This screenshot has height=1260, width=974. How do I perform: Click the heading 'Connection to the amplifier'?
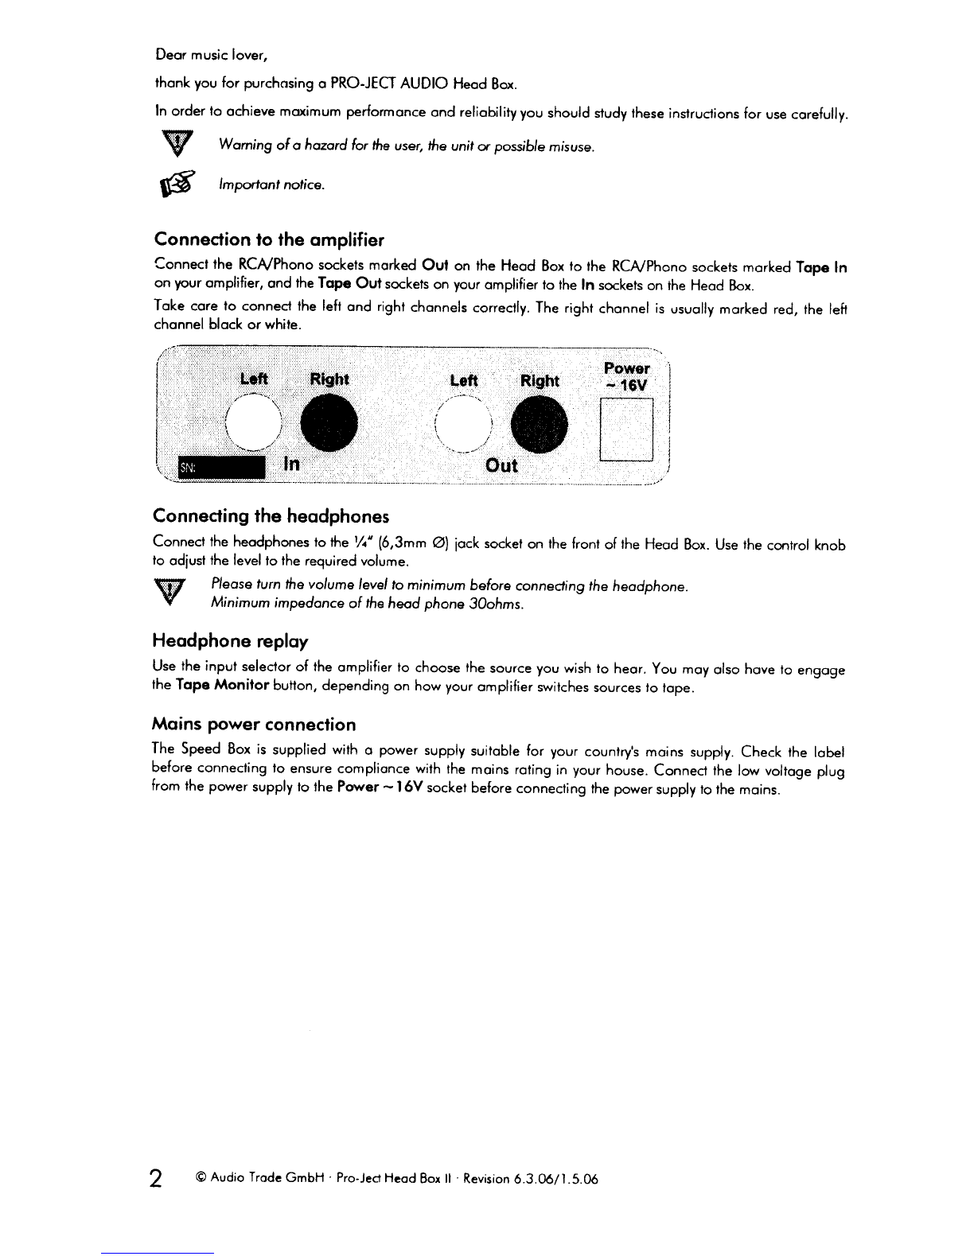pyautogui.click(x=269, y=239)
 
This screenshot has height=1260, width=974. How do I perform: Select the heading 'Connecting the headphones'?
pyautogui.click(x=271, y=516)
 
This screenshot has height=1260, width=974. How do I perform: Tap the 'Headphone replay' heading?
pyautogui.click(x=230, y=640)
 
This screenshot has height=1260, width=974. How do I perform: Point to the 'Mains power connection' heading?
pyautogui.click(x=253, y=724)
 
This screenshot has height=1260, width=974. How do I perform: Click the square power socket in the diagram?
pyautogui.click(x=626, y=430)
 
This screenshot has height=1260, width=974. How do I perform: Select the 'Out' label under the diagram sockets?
pyautogui.click(x=501, y=465)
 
